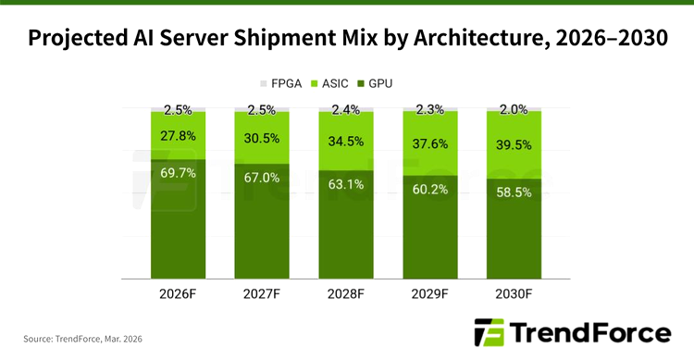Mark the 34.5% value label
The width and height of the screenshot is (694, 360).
[x=346, y=143]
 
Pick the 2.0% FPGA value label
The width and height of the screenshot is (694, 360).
[x=514, y=109]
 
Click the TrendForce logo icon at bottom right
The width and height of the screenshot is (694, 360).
[x=489, y=332]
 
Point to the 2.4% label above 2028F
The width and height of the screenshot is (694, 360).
[x=346, y=109]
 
